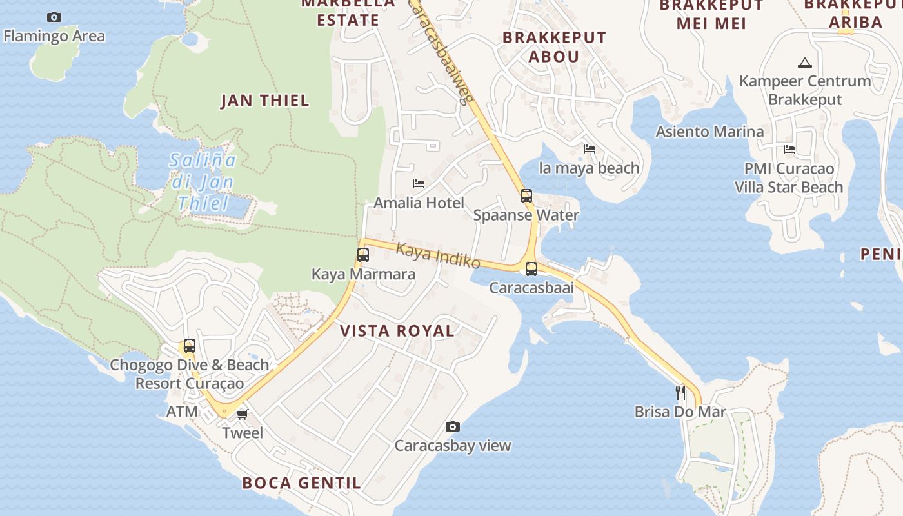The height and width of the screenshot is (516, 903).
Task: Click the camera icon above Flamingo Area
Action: tap(54, 17)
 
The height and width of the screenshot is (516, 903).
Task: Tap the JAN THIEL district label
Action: tap(265, 101)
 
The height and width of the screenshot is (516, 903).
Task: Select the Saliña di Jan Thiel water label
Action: tap(203, 182)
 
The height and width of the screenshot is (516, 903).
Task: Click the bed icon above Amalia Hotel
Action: tap(419, 184)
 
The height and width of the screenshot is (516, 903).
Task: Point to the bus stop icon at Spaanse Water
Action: tap(526, 196)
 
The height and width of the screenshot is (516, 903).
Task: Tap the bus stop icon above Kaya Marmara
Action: tap(363, 255)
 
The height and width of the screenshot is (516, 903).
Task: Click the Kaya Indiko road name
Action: tap(439, 255)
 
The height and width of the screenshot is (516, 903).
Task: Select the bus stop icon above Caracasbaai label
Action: tap(531, 269)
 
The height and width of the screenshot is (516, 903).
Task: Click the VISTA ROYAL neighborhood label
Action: tap(397, 331)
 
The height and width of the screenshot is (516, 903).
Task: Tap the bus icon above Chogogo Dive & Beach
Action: tap(189, 346)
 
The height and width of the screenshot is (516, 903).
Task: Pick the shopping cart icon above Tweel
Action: tap(242, 414)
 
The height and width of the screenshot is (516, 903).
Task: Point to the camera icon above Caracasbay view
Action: tap(453, 426)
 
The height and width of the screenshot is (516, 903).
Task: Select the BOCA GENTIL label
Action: tap(301, 482)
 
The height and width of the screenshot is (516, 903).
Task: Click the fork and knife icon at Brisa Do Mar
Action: tap(680, 392)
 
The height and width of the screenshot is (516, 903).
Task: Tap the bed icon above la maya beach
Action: tap(590, 149)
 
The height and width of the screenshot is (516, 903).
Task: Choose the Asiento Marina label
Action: tap(709, 132)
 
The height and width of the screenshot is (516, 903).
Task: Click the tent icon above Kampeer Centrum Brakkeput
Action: tap(804, 63)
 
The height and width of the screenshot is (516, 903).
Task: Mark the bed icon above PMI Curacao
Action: tap(789, 150)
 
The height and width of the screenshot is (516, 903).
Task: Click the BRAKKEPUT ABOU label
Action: tap(555, 47)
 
